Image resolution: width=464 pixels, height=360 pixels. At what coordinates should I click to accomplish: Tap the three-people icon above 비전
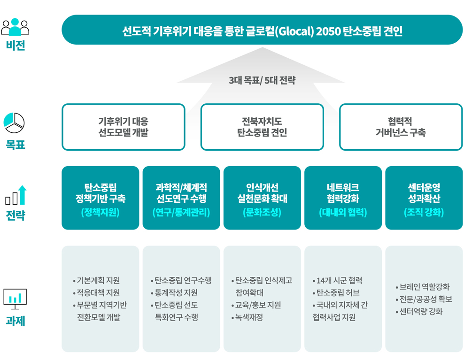pos(15,27)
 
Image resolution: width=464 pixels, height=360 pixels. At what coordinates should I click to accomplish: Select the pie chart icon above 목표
pos(14,123)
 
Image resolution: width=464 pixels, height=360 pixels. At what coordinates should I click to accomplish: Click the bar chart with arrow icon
pos(16,195)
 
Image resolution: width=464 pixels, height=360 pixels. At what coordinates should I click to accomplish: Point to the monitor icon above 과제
pos(15,299)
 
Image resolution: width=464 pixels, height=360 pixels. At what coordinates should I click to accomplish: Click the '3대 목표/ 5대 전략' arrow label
pos(262,80)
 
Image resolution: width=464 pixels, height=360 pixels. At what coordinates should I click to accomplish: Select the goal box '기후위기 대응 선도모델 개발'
pos(124,127)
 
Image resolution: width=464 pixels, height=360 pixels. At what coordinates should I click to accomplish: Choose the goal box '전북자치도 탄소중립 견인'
pos(262,127)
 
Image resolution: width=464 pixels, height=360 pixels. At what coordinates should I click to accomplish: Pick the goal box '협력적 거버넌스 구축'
pos(401,127)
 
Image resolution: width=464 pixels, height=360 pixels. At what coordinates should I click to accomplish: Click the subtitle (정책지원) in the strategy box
pos(101,212)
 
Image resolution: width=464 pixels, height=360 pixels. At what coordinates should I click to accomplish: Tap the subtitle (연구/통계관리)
pos(181,212)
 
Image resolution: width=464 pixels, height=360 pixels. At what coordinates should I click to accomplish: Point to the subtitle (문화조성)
pos(262,212)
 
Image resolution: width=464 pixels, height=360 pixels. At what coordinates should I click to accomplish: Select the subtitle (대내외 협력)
pos(343,212)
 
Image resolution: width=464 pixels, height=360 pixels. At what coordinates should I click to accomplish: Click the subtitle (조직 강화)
pos(424,212)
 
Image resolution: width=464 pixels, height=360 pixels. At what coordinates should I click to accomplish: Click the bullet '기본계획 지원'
pos(96,280)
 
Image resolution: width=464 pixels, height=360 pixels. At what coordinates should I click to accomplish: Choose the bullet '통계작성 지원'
pos(174,292)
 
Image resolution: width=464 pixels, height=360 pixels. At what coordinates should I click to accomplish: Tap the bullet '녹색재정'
pos(247,317)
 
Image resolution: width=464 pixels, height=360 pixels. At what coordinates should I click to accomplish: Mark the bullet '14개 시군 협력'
pos(337,280)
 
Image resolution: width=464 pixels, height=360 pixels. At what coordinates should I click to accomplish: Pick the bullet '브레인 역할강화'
pos(423,287)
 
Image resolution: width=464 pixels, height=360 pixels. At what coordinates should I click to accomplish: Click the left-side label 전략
pos(15,215)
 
